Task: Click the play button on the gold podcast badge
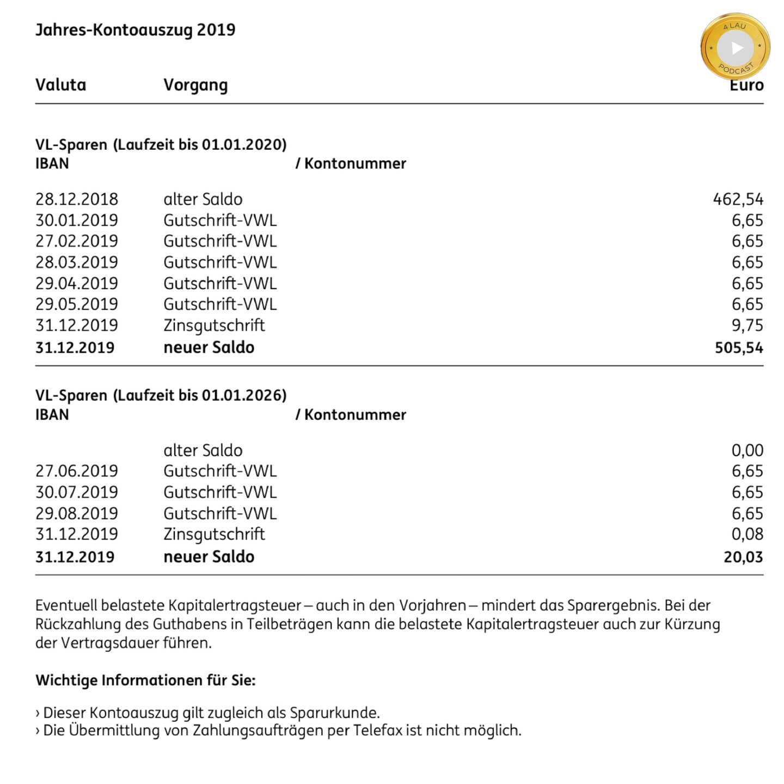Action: [x=736, y=48]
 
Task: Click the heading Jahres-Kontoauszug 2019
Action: [x=135, y=29]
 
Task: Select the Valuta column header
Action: [x=60, y=85]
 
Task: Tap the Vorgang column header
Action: [x=195, y=85]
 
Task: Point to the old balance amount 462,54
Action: [x=738, y=199]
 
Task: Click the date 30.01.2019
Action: [x=77, y=220]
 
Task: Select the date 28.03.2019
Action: [x=77, y=262]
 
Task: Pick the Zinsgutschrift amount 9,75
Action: [x=747, y=326]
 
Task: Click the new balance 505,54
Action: [x=739, y=348]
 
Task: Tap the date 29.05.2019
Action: [x=77, y=304]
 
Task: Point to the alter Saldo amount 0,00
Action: [x=747, y=450]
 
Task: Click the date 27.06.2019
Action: [x=77, y=471]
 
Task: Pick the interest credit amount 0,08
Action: [x=747, y=534]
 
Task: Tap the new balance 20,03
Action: [x=743, y=557]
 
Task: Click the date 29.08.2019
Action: [x=77, y=513]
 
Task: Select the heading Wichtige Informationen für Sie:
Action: [x=145, y=681]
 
